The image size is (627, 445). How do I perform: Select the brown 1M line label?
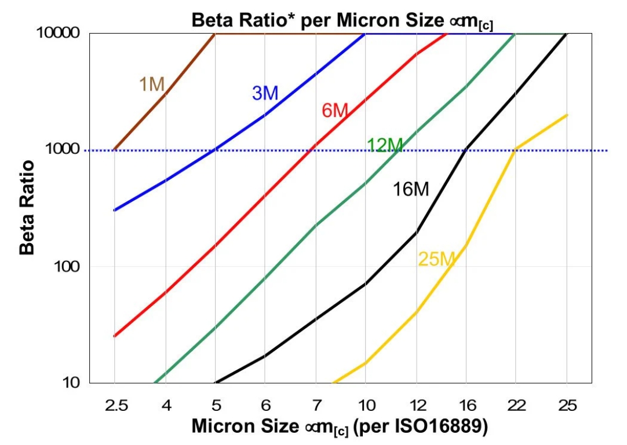point(152,84)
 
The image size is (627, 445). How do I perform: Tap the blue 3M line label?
point(265,93)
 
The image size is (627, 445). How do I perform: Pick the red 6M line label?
point(334,110)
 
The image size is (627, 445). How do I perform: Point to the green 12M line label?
point(384,145)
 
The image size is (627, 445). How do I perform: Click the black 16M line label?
point(411,189)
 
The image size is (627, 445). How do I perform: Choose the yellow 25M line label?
point(436,259)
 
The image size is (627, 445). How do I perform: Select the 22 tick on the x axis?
point(516,405)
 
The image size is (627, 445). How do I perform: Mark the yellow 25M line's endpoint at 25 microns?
point(567,115)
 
